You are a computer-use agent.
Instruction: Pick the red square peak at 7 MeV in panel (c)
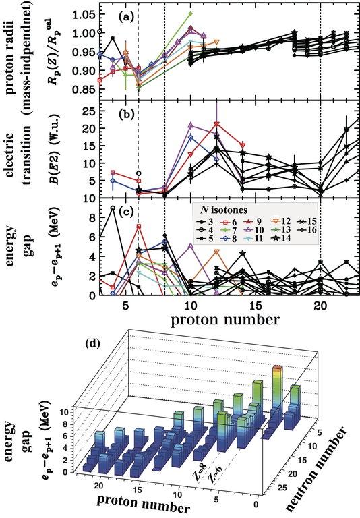point(138,227)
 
